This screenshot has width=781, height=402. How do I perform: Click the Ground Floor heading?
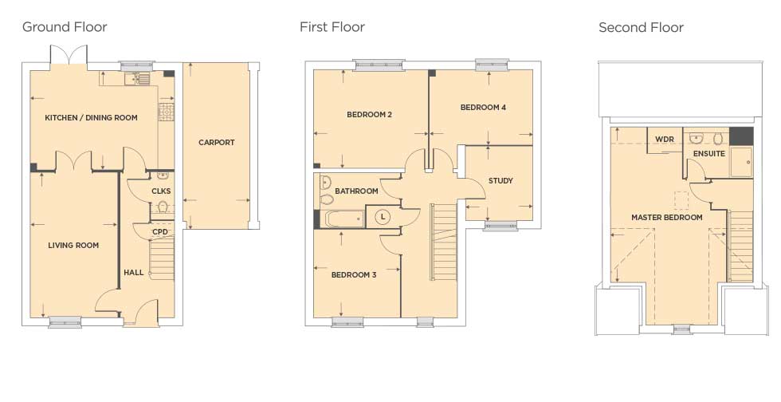(65, 27)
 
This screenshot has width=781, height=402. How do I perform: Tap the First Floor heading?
(332, 27)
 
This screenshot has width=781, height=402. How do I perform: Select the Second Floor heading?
(641, 27)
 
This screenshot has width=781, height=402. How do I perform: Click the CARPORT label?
(216, 143)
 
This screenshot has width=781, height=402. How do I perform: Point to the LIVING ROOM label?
(73, 246)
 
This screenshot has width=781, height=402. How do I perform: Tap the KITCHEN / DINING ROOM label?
(91, 118)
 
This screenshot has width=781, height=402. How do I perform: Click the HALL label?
(134, 272)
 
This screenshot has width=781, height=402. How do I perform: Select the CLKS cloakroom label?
(161, 191)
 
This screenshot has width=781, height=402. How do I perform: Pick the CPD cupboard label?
(160, 232)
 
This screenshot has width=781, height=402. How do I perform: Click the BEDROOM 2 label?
(370, 115)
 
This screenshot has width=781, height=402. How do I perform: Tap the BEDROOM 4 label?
(483, 107)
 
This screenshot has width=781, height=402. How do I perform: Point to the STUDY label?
(500, 181)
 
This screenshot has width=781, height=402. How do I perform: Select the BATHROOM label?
(356, 191)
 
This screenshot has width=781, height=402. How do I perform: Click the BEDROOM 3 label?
(354, 275)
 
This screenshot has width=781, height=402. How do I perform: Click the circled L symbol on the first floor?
(383, 217)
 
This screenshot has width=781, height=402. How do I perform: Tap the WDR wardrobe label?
(665, 139)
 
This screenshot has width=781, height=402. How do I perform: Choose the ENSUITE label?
(708, 154)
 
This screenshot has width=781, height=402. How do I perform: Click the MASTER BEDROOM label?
(667, 218)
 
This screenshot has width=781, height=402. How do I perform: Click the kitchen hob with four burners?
(167, 112)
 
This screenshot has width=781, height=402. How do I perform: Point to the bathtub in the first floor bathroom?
(343, 219)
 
